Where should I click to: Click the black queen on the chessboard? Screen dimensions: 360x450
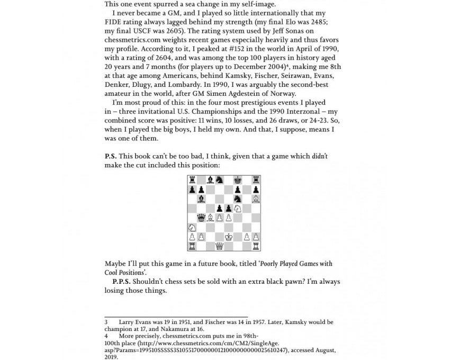tap(201, 218)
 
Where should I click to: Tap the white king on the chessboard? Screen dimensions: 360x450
tap(228, 237)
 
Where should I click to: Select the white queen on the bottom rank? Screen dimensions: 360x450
tap(219, 246)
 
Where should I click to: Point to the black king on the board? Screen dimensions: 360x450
tap(238, 180)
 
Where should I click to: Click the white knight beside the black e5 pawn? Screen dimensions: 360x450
tap(238, 208)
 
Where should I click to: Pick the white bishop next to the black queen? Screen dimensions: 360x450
tap(210, 218)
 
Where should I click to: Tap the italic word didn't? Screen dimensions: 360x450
tap(320, 156)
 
